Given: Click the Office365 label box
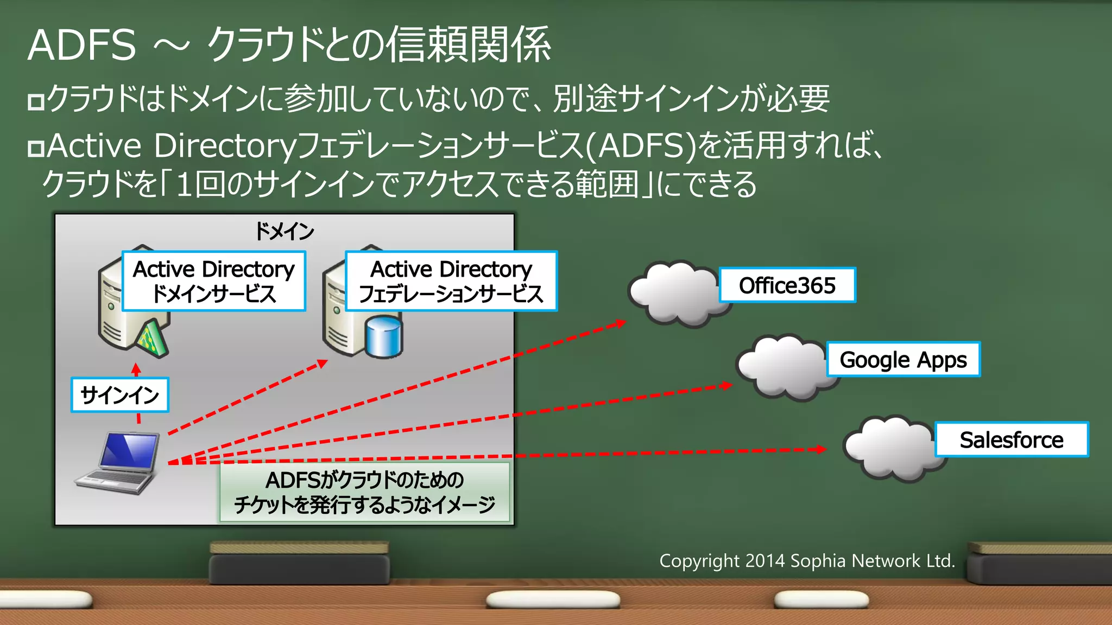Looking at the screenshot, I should [x=787, y=285].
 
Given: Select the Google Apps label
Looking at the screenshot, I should [x=903, y=359].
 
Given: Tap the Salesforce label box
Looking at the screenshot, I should [x=1012, y=439].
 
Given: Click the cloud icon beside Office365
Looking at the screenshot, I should [x=676, y=293].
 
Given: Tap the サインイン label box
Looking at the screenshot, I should [x=119, y=395].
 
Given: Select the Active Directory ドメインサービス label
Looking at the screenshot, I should [x=214, y=281].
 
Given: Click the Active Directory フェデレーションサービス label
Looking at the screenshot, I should [x=451, y=281].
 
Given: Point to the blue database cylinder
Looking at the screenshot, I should [x=384, y=337].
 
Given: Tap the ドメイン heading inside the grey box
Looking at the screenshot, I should [x=285, y=232].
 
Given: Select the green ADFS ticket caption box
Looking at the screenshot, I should [x=364, y=492].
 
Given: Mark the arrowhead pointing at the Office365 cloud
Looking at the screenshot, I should [x=620, y=323].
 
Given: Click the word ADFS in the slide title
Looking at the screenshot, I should [x=81, y=46].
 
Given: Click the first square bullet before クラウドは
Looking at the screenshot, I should [x=36, y=101].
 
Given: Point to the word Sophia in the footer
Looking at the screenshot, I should [x=817, y=561].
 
